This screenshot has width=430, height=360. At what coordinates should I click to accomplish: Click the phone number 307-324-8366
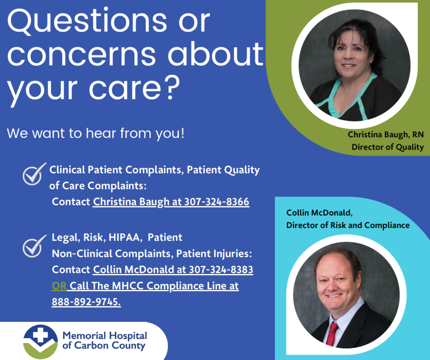[x=217, y=202]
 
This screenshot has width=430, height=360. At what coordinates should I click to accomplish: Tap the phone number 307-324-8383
[x=221, y=269]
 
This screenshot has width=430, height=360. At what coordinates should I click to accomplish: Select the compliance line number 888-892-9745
[x=86, y=302]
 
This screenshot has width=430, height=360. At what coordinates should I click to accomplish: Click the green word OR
[x=59, y=286]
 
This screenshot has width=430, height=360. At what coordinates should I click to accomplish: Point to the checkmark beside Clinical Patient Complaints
[x=34, y=174]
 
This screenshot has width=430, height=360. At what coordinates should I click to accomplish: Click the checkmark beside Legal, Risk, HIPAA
[x=34, y=247]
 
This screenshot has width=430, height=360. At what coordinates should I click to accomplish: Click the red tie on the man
[x=332, y=334]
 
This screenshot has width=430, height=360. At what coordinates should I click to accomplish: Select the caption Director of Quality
[x=388, y=147]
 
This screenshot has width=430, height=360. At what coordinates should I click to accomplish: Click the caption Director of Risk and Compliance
[x=348, y=225]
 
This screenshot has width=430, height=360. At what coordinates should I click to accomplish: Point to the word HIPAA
[x=124, y=237]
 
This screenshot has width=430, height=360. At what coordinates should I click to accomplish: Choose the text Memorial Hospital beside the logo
[x=105, y=335]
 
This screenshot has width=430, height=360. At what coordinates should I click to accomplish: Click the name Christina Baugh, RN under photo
[x=385, y=134]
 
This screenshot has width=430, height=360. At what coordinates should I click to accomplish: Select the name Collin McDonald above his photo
[x=319, y=213]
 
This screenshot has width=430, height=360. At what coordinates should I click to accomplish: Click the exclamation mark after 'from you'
[x=182, y=133]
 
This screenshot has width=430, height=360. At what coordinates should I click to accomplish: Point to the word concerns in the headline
[x=81, y=54]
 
